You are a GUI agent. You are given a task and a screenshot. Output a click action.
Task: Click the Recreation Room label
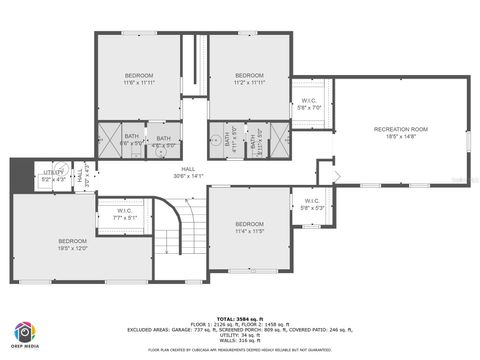click(400, 130)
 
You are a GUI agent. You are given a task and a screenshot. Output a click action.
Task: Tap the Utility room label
click(53, 172)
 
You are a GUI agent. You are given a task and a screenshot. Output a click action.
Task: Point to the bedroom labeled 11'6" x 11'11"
click(139, 76)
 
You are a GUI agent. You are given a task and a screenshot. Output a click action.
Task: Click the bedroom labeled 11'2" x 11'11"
click(249, 76)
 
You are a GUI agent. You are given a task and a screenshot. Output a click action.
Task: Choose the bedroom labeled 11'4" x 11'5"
click(249, 224)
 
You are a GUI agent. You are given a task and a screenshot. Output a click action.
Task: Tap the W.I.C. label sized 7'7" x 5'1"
click(125, 211)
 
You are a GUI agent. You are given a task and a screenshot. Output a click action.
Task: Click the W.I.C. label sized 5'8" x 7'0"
click(310, 101)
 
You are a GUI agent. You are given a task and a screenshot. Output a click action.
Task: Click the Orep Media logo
click(26, 334)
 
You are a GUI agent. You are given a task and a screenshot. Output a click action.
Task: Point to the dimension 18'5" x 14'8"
click(400, 137)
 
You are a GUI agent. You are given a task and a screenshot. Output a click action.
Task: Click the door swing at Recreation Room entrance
click(337, 178)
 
